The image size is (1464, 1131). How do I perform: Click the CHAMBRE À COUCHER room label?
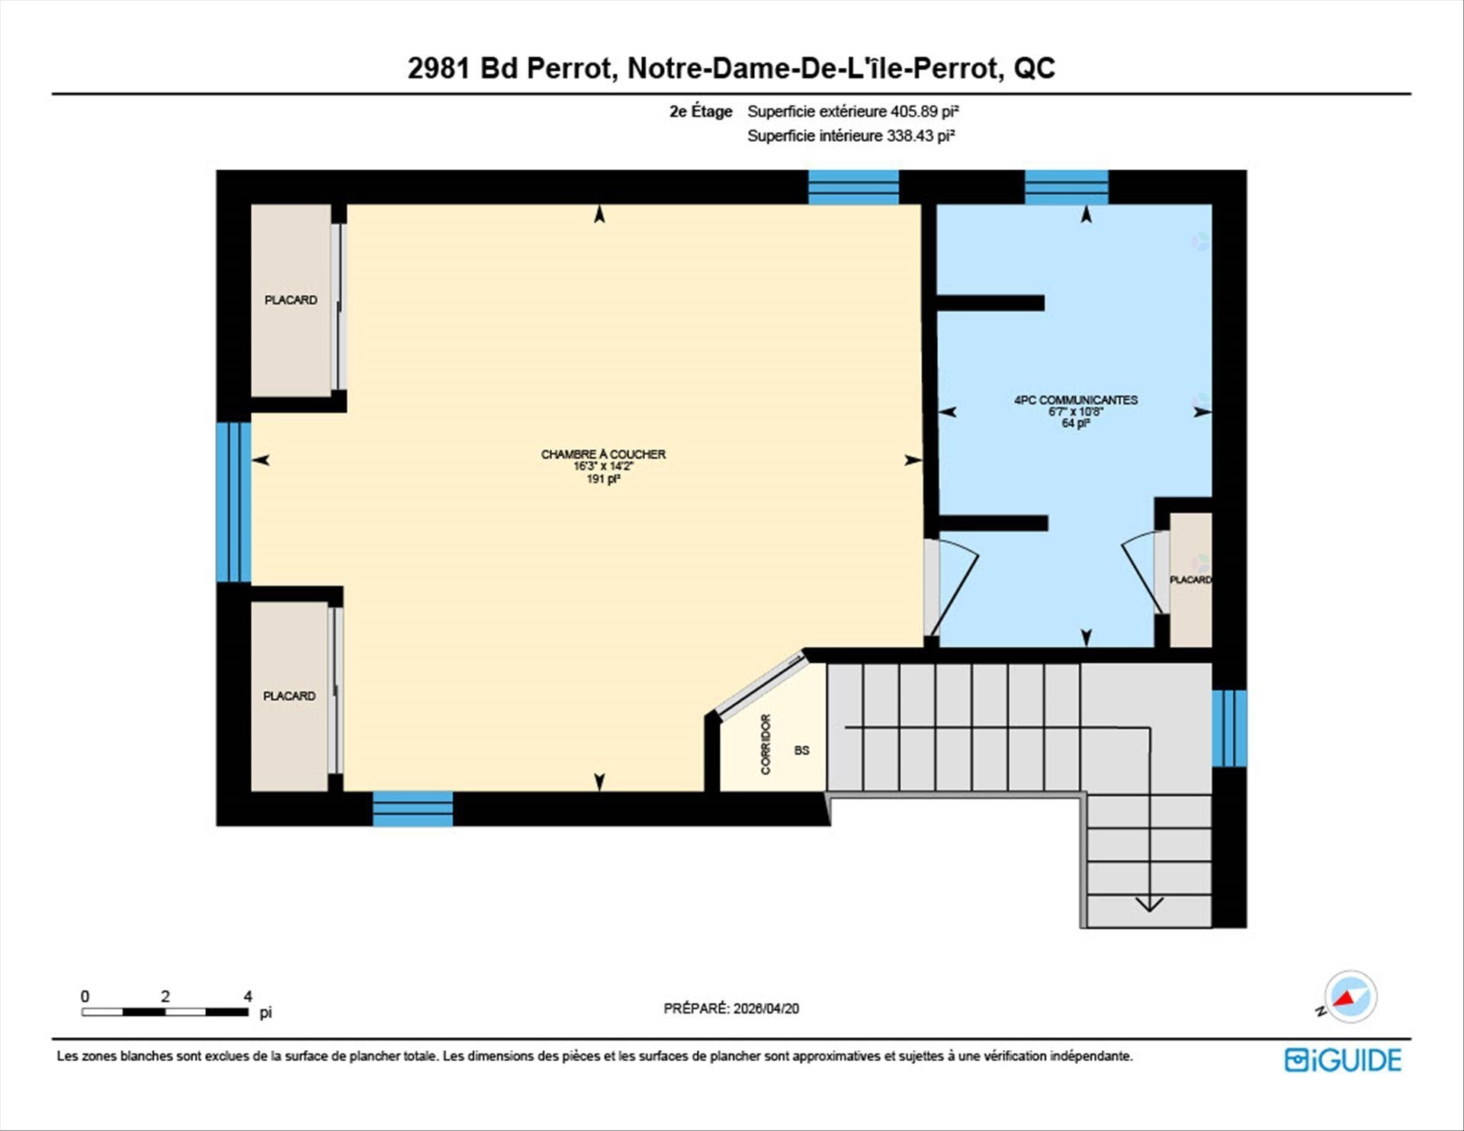pyautogui.click(x=603, y=455)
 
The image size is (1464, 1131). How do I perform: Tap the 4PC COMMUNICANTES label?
pyautogui.click(x=1075, y=400)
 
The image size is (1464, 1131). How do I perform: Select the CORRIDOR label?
pyautogui.click(x=766, y=744)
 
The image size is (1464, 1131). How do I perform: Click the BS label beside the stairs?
pyautogui.click(x=801, y=750)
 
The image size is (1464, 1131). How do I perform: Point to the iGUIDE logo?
pyautogui.click(x=1343, y=1060)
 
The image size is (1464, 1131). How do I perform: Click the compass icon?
pyautogui.click(x=1350, y=997)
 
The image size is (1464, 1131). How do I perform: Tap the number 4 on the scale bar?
pyautogui.click(x=248, y=996)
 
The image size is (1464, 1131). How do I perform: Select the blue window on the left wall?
pyautogui.click(x=233, y=502)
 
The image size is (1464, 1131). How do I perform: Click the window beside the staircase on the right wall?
pyautogui.click(x=1229, y=728)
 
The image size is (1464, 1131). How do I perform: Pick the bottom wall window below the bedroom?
pyautogui.click(x=413, y=808)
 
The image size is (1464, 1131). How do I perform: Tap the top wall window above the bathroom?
pyautogui.click(x=1066, y=187)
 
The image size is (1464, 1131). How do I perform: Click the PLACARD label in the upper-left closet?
pyautogui.click(x=291, y=300)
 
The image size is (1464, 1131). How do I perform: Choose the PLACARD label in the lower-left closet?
pyautogui.click(x=289, y=696)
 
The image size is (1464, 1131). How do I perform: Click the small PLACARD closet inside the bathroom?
pyautogui.click(x=1190, y=580)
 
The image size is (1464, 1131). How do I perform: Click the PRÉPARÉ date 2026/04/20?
pyautogui.click(x=766, y=1008)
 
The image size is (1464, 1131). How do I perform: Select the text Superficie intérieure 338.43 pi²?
pyautogui.click(x=851, y=136)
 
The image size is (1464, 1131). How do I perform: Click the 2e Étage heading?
pyautogui.click(x=701, y=111)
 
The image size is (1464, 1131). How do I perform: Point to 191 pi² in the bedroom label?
pyautogui.click(x=603, y=479)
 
